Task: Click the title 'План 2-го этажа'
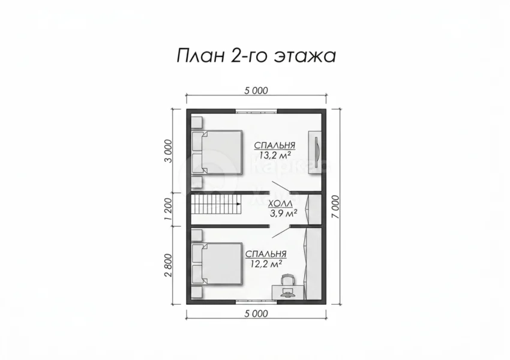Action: pyautogui.click(x=256, y=56)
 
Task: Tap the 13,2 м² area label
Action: pyautogui.click(x=275, y=155)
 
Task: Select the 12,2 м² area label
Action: pyautogui.click(x=266, y=264)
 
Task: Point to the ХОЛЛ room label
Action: pyautogui.click(x=280, y=204)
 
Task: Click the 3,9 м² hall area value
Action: pyautogui.click(x=283, y=214)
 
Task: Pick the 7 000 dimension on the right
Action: pyautogui.click(x=337, y=207)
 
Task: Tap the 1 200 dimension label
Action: pyautogui.click(x=168, y=209)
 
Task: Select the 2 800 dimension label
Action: pyautogui.click(x=168, y=265)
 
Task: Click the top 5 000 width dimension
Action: pyautogui.click(x=256, y=91)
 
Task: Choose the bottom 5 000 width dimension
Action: pyautogui.click(x=256, y=314)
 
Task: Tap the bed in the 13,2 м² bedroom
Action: pyautogui.click(x=217, y=152)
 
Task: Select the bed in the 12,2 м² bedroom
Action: pyautogui.click(x=217, y=264)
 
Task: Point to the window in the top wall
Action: pyautogui.click(x=256, y=111)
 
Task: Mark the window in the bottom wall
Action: pyautogui.click(x=256, y=301)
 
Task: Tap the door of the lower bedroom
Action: pyautogui.click(x=281, y=232)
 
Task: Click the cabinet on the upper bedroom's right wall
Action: pyautogui.click(x=315, y=152)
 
